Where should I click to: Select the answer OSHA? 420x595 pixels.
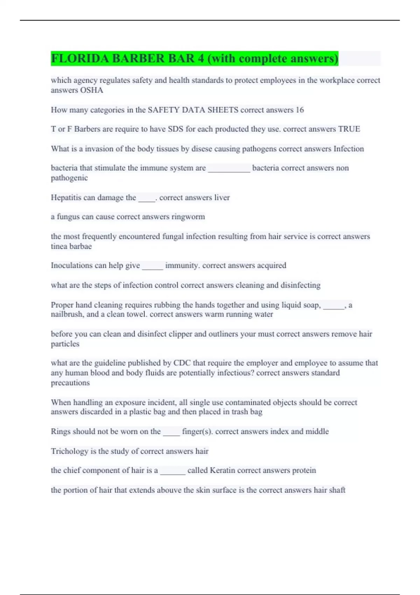point(92,90)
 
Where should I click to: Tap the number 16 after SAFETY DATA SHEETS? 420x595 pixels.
point(300,110)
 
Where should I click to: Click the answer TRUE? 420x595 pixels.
point(349,129)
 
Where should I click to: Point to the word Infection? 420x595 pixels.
point(349,149)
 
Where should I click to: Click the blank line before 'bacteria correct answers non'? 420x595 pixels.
point(229,168)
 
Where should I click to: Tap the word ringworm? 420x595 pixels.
point(188,217)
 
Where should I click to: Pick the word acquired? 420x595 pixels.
point(271,265)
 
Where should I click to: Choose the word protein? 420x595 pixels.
point(304,470)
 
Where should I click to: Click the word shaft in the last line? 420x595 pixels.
point(337,490)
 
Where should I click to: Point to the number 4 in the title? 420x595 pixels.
point(201,58)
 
